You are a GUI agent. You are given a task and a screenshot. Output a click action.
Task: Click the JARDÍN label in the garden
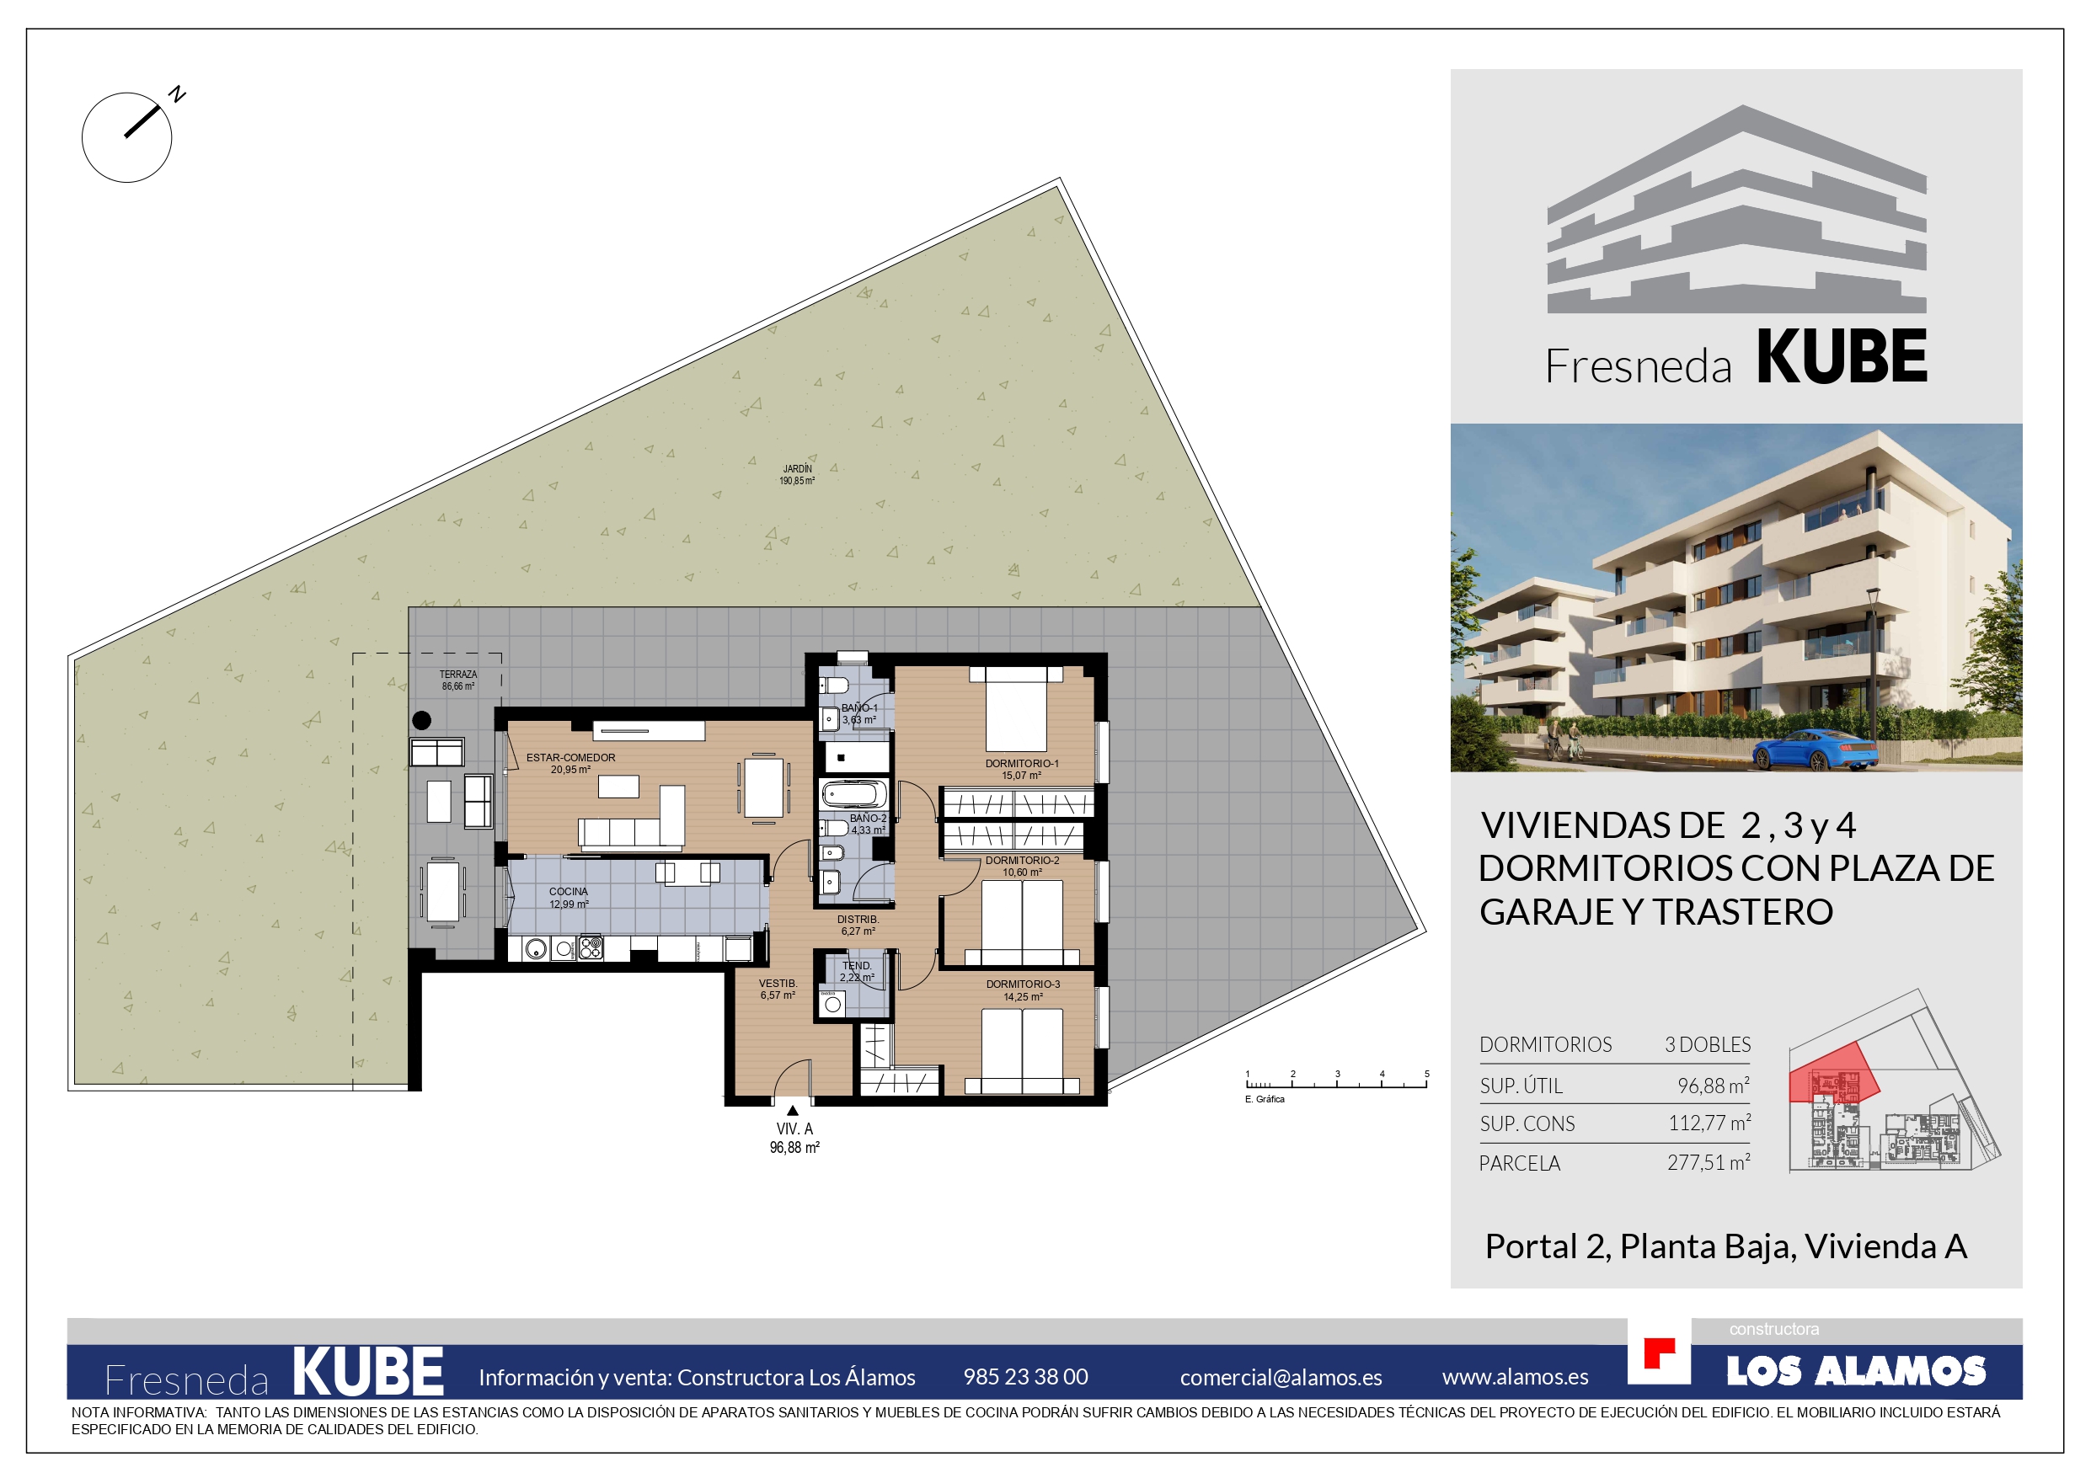(x=797, y=469)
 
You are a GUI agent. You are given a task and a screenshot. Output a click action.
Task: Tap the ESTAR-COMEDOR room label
(x=570, y=758)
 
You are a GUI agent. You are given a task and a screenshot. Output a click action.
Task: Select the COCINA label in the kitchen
(x=569, y=892)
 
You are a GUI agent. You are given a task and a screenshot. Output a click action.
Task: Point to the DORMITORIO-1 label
(x=1022, y=764)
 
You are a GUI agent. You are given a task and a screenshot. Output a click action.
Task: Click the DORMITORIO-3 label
(x=1023, y=984)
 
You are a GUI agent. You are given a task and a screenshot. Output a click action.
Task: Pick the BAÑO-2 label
(x=868, y=819)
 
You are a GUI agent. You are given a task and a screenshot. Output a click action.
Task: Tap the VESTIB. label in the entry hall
(x=778, y=984)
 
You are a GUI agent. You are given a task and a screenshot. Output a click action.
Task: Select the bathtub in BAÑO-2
(x=853, y=795)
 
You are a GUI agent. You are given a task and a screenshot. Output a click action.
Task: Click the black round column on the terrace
(x=422, y=720)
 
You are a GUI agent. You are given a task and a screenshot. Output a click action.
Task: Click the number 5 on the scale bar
(x=1427, y=1074)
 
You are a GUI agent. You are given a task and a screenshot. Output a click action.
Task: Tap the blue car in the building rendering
(x=1814, y=750)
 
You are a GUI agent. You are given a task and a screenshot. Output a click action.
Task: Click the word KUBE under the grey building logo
(x=1842, y=357)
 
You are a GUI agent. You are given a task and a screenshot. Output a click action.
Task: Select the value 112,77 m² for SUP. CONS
(x=1709, y=1123)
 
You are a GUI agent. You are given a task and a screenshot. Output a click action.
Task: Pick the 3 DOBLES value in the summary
(x=1708, y=1044)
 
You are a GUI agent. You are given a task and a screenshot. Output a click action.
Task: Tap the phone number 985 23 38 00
(x=1025, y=1377)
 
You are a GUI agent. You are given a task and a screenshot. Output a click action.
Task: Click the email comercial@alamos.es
(x=1281, y=1378)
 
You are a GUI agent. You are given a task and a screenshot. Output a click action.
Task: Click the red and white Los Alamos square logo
(x=1660, y=1353)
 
